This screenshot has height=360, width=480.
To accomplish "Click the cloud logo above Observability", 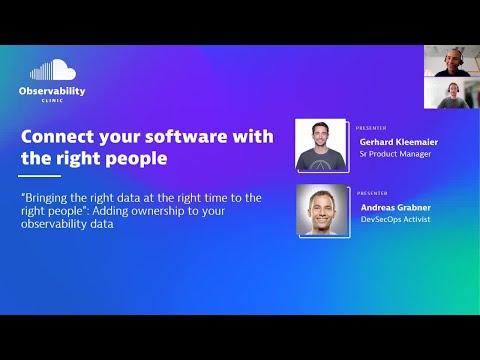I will pos(52,70).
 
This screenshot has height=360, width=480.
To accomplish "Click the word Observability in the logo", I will pos(52,91).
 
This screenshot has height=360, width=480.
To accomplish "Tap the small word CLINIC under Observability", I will pos(52,101).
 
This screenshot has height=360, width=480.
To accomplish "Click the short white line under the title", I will pos(33,176).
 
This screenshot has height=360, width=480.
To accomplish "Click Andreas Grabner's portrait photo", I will pos(322,211).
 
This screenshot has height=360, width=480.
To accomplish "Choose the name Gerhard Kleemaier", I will pos(398,142).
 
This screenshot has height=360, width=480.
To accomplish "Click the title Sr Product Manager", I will pos(395,154).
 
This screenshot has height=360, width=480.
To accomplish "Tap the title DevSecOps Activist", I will pos(394,219).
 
